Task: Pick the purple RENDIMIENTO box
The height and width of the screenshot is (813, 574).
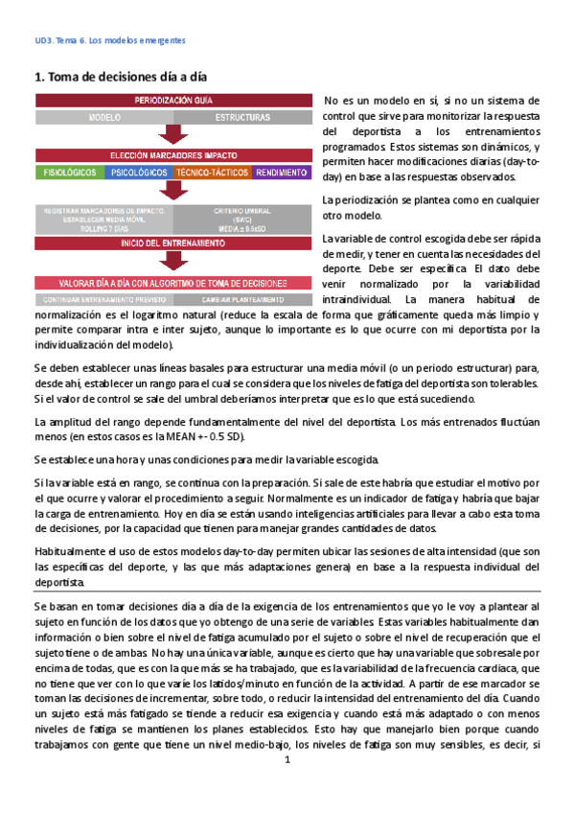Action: (x=282, y=173)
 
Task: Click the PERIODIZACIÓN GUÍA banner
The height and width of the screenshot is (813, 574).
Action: (x=173, y=99)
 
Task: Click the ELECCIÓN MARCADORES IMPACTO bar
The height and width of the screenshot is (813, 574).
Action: (x=173, y=154)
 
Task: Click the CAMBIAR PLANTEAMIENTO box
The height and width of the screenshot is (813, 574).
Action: (x=242, y=299)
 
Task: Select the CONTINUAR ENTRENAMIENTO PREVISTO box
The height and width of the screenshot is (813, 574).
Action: (x=103, y=299)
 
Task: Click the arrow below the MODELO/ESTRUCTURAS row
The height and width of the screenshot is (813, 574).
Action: (x=173, y=134)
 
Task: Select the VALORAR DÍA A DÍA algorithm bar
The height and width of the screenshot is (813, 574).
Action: (x=173, y=283)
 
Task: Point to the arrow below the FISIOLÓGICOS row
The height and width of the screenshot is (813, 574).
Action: (x=173, y=191)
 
